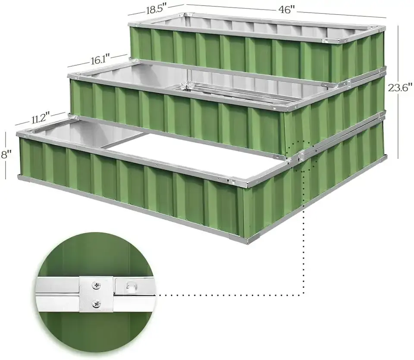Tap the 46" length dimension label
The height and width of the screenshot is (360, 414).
point(285,10)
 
